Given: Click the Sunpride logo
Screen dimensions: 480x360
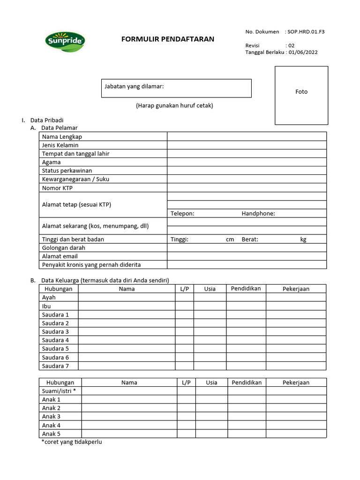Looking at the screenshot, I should [65, 41].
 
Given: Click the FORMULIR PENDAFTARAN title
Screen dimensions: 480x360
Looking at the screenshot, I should [167, 39].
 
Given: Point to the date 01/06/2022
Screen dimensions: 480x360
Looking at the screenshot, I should [303, 52].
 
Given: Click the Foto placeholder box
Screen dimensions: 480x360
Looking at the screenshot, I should [301, 95].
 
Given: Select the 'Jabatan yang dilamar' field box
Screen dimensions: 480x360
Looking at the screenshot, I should [176, 88].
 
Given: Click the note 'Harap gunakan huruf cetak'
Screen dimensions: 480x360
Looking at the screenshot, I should [174, 105].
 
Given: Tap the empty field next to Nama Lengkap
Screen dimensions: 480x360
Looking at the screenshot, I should [247, 136].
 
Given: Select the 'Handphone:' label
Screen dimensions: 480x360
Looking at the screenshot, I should [258, 214].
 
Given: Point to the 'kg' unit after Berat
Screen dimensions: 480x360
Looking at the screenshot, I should [303, 239].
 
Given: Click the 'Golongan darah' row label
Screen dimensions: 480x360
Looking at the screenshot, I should [60, 247].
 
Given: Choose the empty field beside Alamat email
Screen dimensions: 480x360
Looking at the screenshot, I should [247, 256].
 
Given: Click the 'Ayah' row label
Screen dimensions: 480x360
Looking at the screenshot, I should [49, 297].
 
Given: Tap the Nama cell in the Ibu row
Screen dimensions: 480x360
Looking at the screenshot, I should [127, 306].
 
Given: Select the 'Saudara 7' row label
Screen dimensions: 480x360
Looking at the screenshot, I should [55, 366].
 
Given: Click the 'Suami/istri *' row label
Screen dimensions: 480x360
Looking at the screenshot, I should [59, 390].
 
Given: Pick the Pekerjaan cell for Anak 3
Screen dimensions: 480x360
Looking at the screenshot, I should [296, 416].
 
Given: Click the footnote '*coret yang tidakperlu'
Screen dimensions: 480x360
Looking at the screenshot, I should [72, 442].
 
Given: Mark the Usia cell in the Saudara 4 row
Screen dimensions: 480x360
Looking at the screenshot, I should [210, 340].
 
